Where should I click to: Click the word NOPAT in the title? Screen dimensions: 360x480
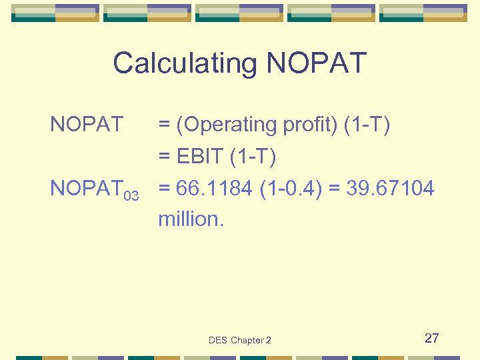tap(316, 63)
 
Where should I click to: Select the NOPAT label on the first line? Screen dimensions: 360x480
tap(87, 125)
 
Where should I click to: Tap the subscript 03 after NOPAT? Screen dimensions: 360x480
tap(131, 195)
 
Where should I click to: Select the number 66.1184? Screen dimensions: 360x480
tap(215, 189)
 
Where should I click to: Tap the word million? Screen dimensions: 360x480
tap(191, 219)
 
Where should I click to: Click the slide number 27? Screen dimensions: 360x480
tap(431, 338)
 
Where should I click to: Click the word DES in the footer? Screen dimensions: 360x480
tap(218, 340)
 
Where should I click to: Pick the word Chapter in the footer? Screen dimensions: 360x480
tap(247, 340)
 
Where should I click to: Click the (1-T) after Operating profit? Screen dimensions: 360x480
tap(367, 125)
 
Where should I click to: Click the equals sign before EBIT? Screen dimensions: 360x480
tap(163, 158)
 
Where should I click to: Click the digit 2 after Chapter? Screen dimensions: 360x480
tap(269, 340)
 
